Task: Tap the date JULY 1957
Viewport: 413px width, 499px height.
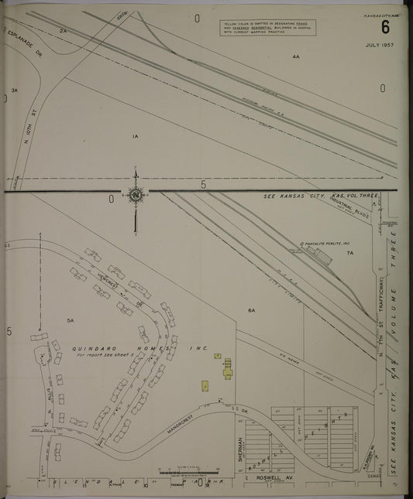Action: tap(381, 46)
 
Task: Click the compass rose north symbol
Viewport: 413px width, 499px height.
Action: tap(136, 197)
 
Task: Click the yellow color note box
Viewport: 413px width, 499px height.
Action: tap(267, 28)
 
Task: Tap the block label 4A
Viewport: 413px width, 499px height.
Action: tap(295, 57)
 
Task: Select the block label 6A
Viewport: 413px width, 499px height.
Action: tap(251, 310)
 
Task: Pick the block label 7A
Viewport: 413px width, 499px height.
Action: tap(349, 253)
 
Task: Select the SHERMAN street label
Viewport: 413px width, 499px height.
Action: tap(239, 449)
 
